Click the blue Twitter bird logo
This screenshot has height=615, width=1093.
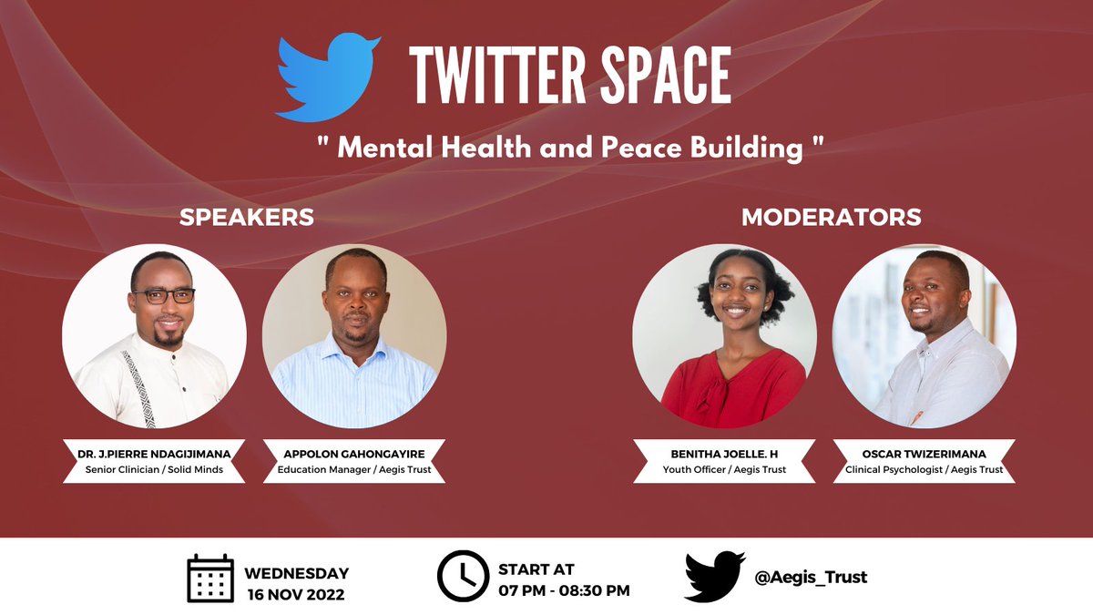tap(328, 78)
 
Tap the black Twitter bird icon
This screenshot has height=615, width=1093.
tap(714, 576)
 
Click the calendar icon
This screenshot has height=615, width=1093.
tap(211, 578)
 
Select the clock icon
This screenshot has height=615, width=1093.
tap(463, 576)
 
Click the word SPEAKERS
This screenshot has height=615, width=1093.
tap(247, 218)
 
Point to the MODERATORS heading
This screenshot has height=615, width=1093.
tap(831, 218)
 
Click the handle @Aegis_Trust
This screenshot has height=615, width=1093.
tap(811, 577)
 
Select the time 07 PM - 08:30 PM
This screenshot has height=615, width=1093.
tap(563, 590)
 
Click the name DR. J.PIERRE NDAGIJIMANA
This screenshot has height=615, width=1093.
tap(154, 453)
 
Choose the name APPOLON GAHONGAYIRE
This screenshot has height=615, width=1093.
tap(353, 453)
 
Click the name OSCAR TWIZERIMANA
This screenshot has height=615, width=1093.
tap(924, 453)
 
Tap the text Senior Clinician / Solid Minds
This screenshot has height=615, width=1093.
tap(154, 470)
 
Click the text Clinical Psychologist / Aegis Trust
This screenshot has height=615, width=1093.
tap(924, 470)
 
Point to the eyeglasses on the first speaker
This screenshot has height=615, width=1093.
tap(163, 296)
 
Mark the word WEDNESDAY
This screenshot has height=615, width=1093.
tap(296, 573)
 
